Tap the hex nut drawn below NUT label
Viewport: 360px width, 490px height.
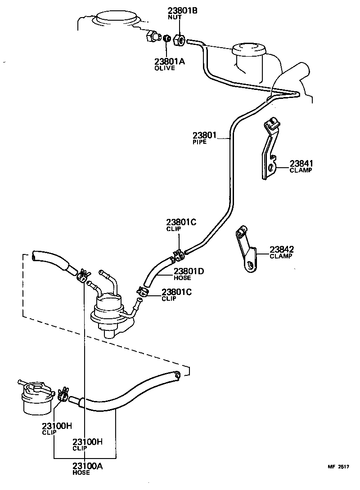coord(179,40)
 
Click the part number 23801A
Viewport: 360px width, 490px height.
coord(169,62)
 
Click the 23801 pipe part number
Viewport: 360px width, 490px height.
coord(205,135)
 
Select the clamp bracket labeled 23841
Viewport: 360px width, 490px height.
coord(269,151)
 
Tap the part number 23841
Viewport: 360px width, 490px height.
coord(301,164)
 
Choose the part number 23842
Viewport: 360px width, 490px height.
coord(282,249)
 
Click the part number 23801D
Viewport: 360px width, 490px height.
coord(189,271)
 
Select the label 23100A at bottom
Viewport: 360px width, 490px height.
coord(87,466)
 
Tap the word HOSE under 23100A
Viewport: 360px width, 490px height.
coord(81,472)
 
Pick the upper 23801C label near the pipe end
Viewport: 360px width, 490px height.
coord(181,222)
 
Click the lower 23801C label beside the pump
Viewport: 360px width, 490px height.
coord(176,292)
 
